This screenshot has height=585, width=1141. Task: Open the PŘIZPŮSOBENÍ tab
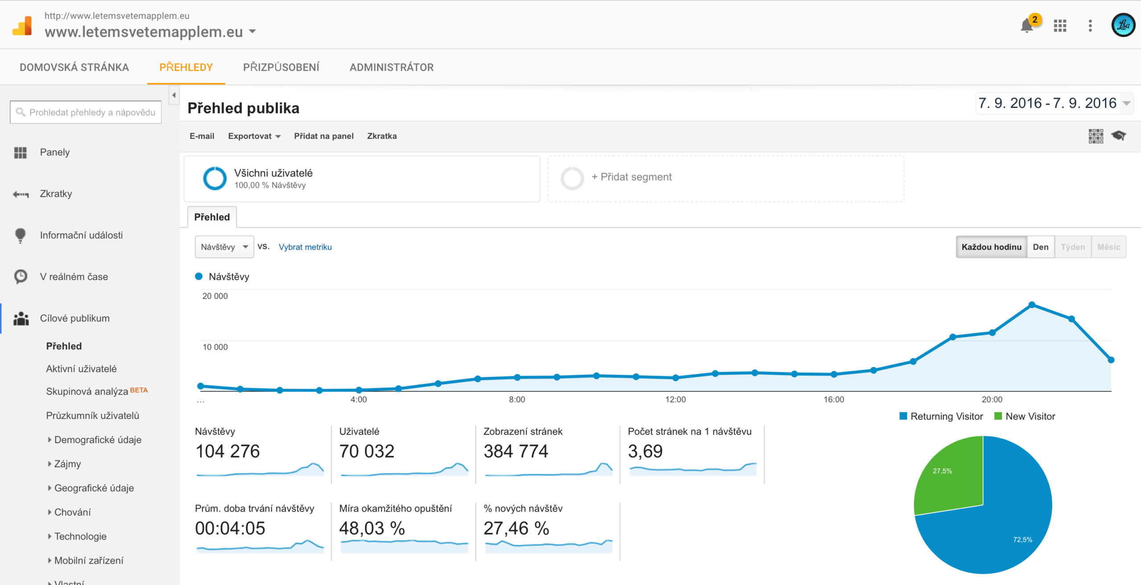[281, 67]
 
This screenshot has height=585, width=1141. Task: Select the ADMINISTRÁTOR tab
[391, 67]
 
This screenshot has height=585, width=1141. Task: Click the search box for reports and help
[86, 112]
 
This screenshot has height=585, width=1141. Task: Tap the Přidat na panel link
[324, 136]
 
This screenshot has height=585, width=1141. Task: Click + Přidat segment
[631, 177]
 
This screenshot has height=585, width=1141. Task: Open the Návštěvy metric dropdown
[224, 247]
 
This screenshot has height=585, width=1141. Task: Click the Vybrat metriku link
[305, 247]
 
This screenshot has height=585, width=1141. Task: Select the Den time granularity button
[1040, 247]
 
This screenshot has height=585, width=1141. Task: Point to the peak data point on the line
[1032, 305]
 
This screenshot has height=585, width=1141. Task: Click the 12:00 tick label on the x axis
[675, 399]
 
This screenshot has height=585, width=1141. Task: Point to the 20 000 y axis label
[215, 296]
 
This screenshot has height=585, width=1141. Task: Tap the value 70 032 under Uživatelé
[366, 451]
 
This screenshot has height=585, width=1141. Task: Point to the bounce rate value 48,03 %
[372, 528]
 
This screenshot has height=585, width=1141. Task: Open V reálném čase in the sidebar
[74, 276]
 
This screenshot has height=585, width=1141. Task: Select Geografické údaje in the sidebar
[94, 488]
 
